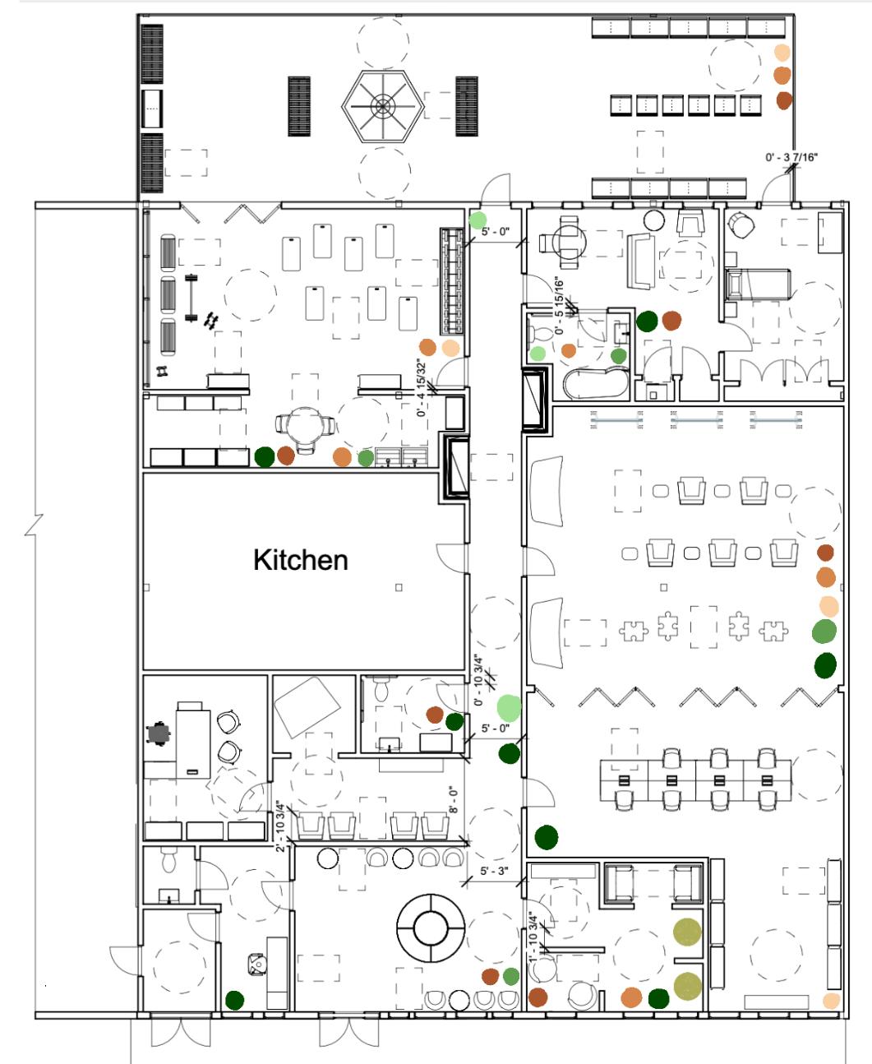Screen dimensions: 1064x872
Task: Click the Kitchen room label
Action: (301, 561)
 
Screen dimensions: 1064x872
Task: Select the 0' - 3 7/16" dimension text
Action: (790, 157)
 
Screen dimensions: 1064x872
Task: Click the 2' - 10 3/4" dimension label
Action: (281, 826)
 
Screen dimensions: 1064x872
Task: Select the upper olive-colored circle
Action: (687, 933)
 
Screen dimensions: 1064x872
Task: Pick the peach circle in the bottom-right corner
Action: (831, 1001)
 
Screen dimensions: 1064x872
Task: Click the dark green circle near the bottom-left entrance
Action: (235, 1000)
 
